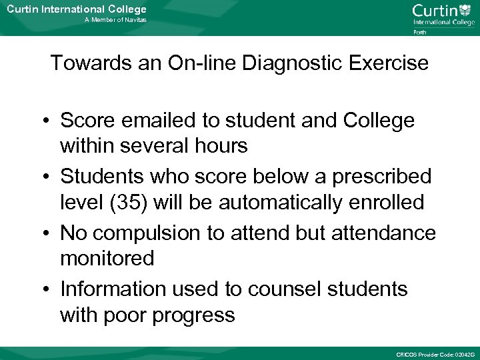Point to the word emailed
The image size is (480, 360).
coord(156,121)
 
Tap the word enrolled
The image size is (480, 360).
coord(387,202)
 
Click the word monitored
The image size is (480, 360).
coord(107,258)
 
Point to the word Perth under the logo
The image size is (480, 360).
coord(420,31)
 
